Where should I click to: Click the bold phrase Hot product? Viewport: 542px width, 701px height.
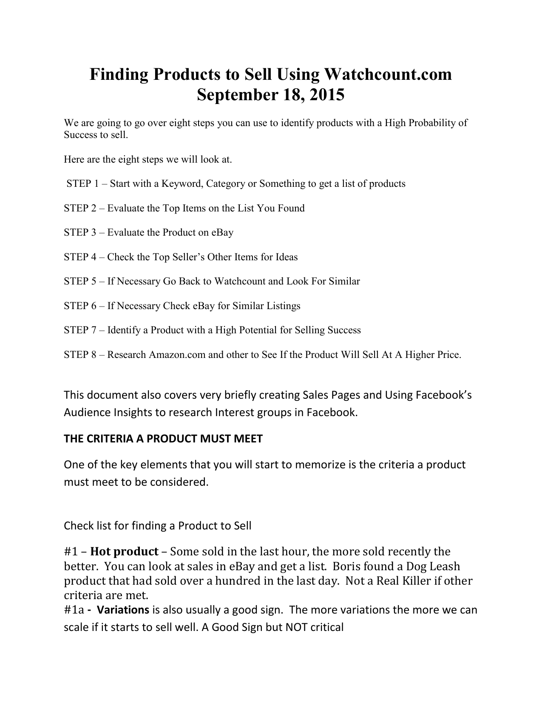click(x=125, y=552)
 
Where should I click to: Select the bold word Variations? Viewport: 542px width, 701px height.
click(x=123, y=610)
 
